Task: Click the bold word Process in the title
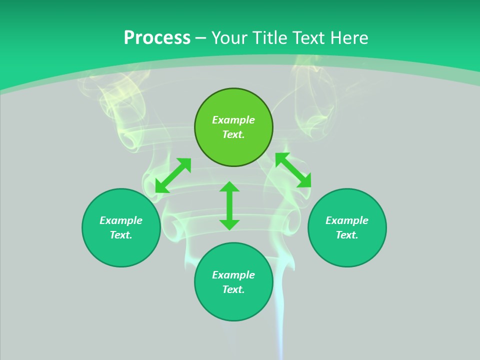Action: [157, 38]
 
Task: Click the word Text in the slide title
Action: [308, 38]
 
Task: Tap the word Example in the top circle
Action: [233, 120]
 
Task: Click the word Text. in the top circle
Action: [233, 134]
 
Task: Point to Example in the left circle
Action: [121, 220]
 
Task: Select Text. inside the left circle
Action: [121, 235]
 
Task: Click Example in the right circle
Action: [347, 220]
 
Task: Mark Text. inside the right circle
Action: [347, 235]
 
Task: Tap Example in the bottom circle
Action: [233, 275]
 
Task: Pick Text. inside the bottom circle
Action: [233, 289]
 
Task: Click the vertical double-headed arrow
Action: [229, 205]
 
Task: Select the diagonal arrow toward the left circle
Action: [173, 175]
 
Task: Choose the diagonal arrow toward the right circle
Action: [293, 170]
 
